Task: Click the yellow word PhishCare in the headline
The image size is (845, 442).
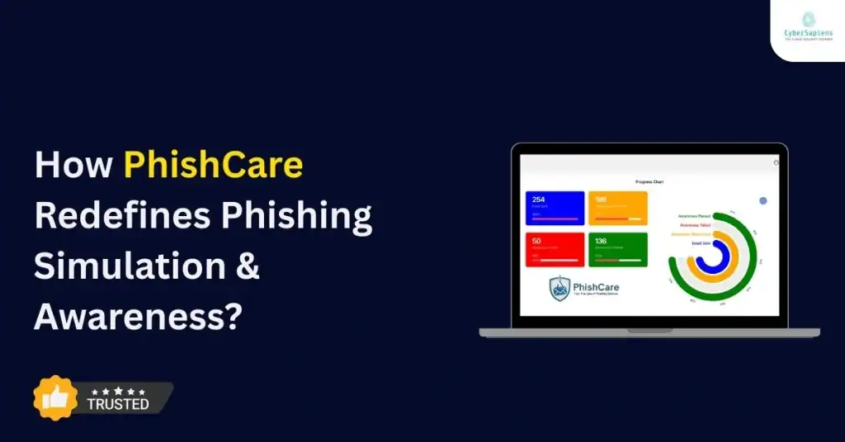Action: tap(213, 167)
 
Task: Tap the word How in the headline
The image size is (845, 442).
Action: tap(73, 167)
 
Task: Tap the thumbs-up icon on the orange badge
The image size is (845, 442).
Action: tap(55, 398)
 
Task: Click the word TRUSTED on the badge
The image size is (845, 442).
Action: tap(118, 404)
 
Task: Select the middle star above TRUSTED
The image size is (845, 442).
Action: tap(118, 391)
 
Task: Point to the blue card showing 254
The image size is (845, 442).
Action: tap(555, 208)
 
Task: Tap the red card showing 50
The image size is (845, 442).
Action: tap(555, 249)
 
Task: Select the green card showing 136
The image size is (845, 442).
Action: tap(617, 249)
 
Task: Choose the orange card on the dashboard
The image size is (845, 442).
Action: tap(617, 208)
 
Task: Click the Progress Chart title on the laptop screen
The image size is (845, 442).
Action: tap(649, 181)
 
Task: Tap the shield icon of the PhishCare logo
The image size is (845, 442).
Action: tap(560, 288)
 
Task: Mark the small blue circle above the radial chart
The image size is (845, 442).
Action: tap(762, 200)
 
